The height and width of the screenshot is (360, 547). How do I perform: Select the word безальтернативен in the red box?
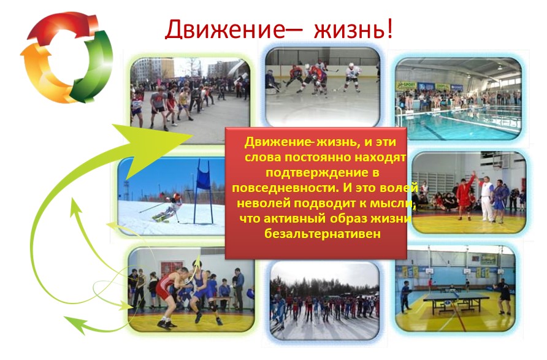[x=323, y=234]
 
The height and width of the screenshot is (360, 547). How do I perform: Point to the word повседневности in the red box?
[x=286, y=188]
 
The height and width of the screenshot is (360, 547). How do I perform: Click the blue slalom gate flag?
[x=203, y=178]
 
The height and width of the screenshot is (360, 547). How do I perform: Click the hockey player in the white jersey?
[x=353, y=78]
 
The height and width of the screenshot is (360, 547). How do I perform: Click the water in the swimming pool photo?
[x=461, y=123]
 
